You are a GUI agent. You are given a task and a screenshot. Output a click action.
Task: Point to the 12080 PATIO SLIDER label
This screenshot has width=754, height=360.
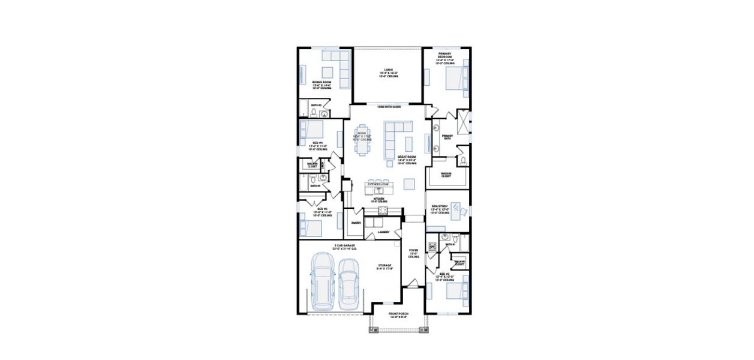[389, 106]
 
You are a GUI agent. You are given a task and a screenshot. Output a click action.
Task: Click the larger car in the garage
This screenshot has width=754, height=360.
[323, 281]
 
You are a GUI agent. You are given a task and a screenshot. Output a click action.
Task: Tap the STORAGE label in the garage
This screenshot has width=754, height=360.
[384, 266]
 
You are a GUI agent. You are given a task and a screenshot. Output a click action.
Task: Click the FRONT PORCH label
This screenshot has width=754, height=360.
[398, 315]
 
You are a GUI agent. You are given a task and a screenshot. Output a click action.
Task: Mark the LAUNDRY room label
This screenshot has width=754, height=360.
[384, 232]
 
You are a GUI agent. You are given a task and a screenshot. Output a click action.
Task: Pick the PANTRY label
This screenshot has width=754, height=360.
[355, 223]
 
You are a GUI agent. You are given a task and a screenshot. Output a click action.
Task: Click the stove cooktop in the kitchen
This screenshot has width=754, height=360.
[382, 209]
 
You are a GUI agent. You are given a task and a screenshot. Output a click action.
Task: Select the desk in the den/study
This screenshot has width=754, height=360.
[458, 209]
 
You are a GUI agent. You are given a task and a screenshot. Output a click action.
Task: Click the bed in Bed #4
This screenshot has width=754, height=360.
[312, 129]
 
